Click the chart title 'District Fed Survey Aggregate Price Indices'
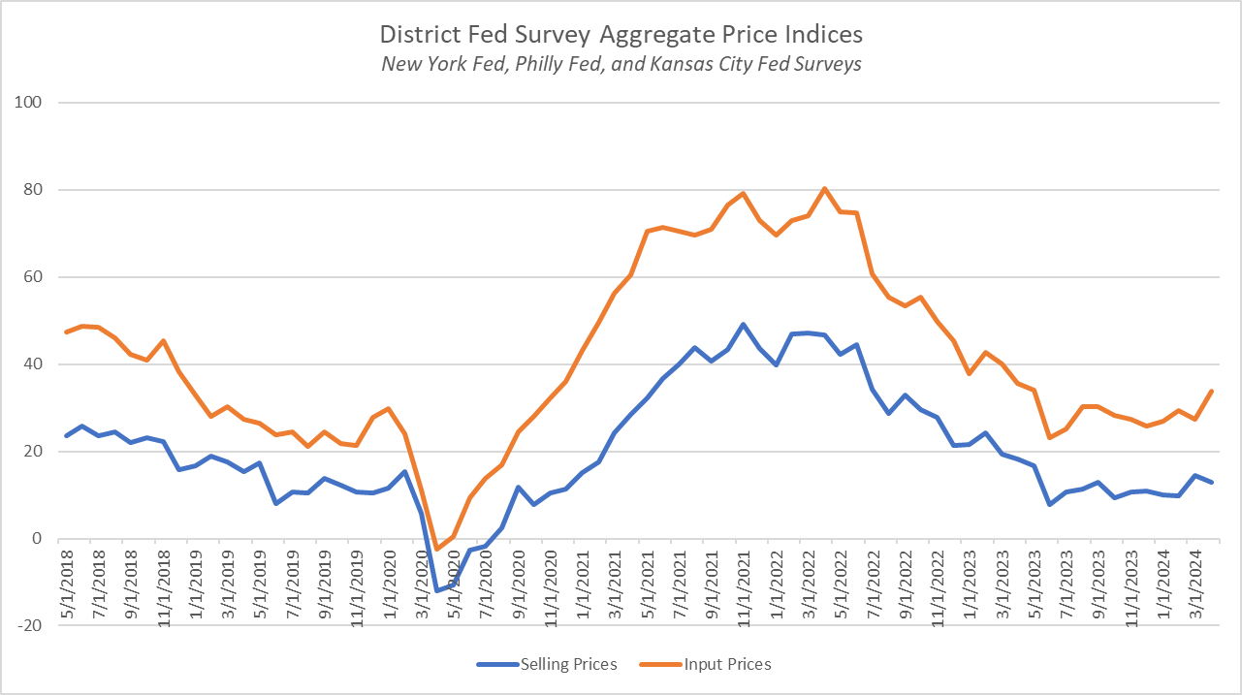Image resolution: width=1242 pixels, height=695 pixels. [621, 35]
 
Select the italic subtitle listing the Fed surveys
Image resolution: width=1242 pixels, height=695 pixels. [621, 64]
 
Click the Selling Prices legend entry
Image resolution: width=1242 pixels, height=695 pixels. [547, 664]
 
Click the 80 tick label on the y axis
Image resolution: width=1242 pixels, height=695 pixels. [44, 190]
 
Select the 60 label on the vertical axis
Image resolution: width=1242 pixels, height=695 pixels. [44, 277]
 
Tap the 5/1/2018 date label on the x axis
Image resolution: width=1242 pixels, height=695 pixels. [66, 582]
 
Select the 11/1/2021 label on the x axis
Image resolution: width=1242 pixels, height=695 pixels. [742, 582]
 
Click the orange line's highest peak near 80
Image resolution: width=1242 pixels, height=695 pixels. [824, 188]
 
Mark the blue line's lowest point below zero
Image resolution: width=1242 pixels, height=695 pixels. [437, 590]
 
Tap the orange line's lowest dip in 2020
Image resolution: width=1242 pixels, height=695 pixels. [437, 549]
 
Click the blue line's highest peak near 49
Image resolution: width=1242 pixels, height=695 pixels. [743, 325]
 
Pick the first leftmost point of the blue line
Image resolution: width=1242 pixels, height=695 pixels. [66, 436]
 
